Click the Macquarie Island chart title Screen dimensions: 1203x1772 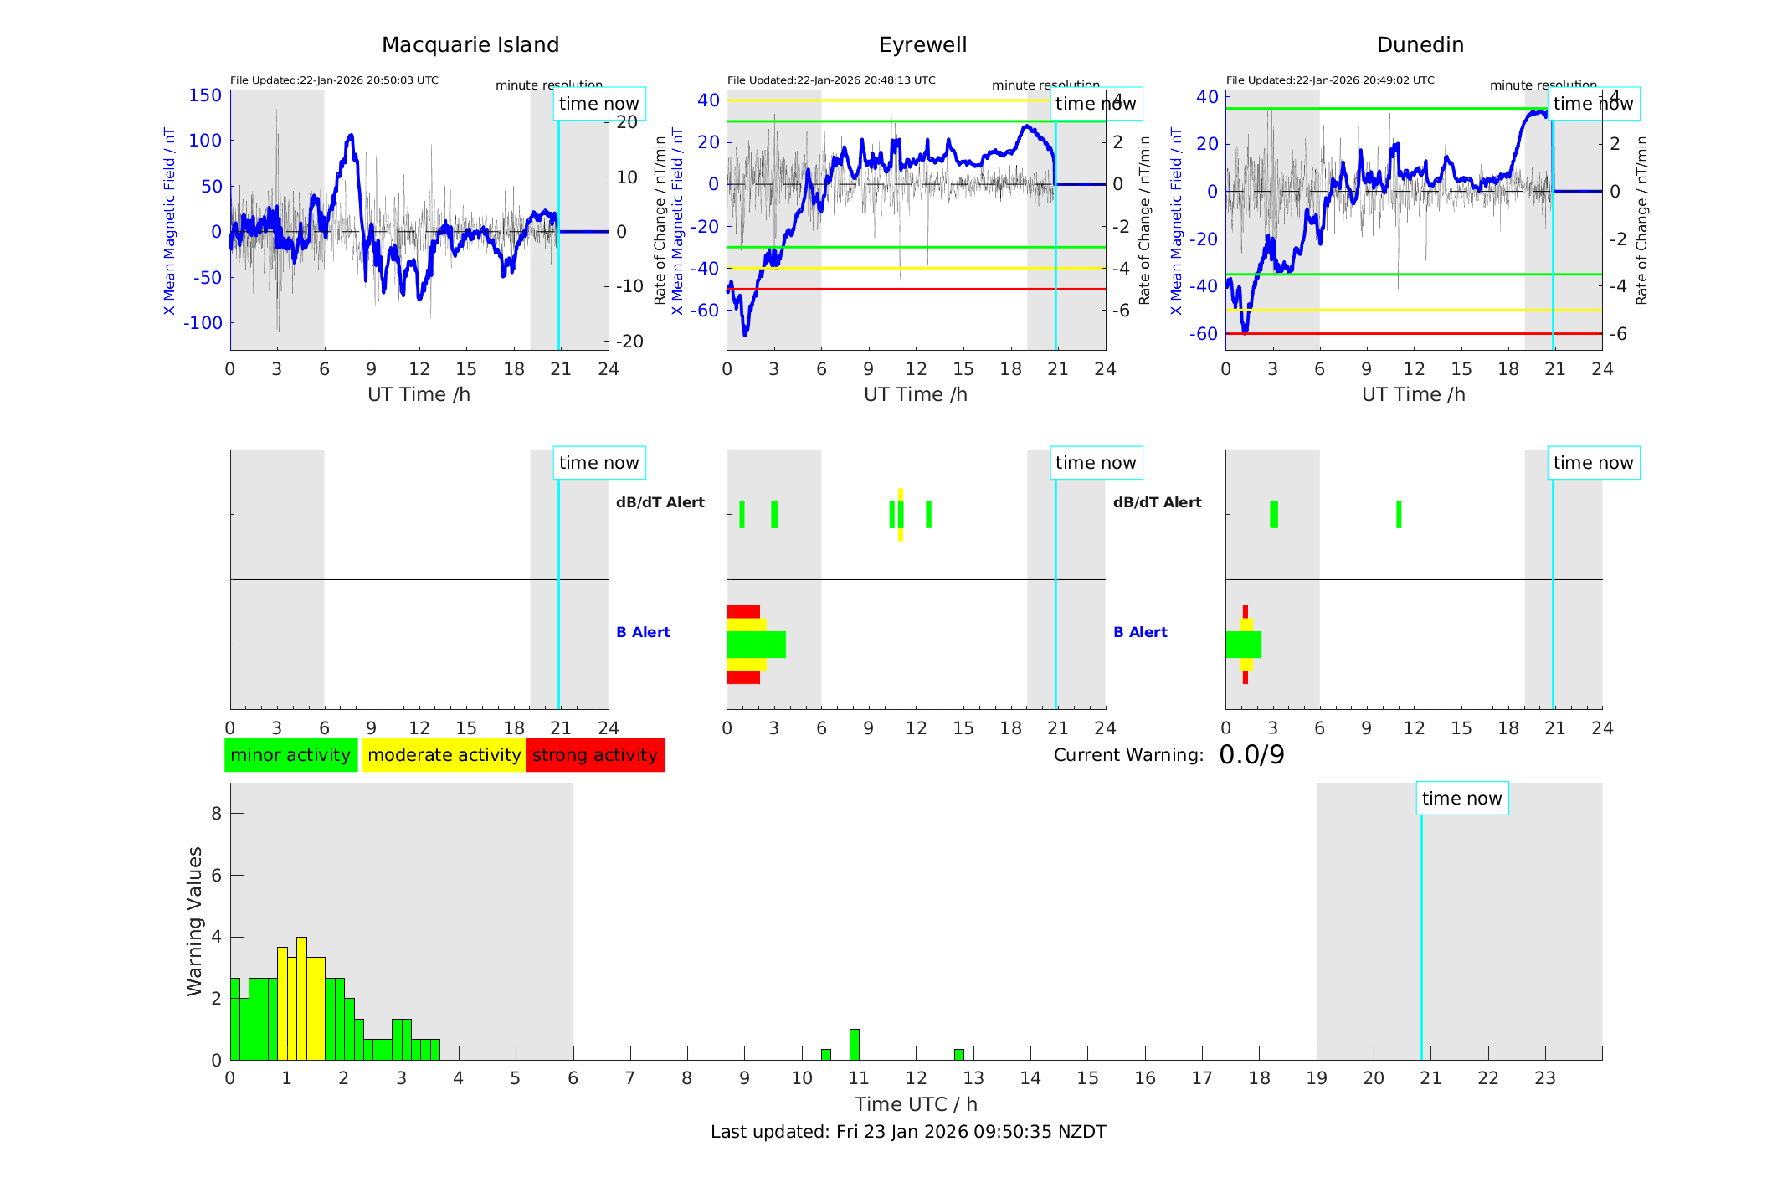click(470, 45)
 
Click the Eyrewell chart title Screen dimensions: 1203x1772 click(922, 45)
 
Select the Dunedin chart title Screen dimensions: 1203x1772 click(1420, 45)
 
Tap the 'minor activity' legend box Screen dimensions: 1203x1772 click(290, 755)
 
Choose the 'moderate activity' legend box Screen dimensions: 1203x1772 click(444, 755)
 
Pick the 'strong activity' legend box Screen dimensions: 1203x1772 click(595, 755)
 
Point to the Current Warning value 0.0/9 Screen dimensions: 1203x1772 click(1251, 755)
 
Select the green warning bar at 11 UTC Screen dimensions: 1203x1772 click(854, 1045)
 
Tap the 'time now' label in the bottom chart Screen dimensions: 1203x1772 click(1461, 799)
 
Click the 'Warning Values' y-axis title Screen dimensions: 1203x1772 click(195, 921)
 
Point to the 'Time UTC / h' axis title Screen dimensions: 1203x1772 click(916, 1104)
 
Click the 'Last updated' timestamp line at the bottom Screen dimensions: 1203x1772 click(908, 1132)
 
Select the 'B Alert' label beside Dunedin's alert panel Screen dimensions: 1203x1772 click(1140, 632)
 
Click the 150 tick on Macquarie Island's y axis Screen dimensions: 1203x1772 click(205, 95)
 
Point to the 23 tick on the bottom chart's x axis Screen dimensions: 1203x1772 click(1544, 1078)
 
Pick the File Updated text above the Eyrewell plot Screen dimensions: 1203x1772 click(831, 80)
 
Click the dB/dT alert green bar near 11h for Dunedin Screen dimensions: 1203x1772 click(1399, 515)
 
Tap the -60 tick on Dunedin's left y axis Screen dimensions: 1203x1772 click(1206, 334)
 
